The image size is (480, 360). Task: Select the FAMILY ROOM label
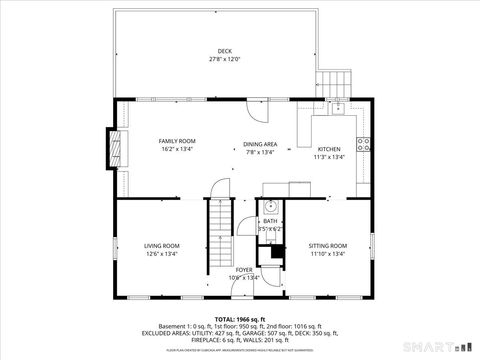(175, 142)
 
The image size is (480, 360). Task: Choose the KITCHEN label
(329, 148)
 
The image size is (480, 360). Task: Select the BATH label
(270, 221)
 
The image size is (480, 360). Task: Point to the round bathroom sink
(271, 207)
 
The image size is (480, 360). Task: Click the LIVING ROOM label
(162, 245)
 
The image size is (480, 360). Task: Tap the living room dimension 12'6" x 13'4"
(162, 254)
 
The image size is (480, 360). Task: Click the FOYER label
(244, 269)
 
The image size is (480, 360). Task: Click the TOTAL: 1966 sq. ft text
(240, 317)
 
